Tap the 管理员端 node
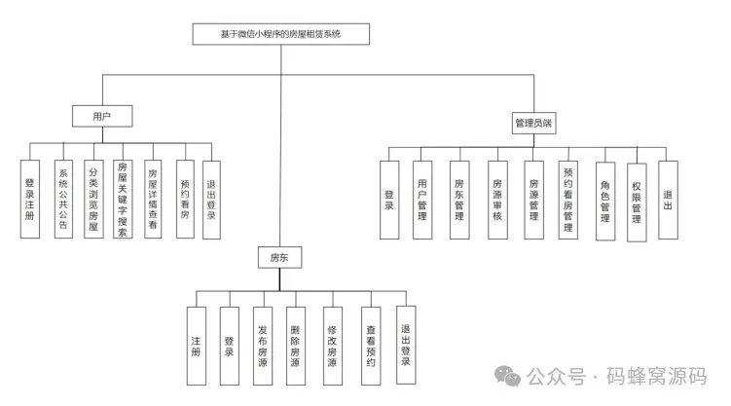tap(534, 125)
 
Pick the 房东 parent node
tap(279, 258)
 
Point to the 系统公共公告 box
tap(61, 196)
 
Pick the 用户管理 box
tap(422, 200)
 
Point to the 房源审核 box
tap(496, 200)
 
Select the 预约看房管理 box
tap(568, 200)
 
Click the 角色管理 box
tap(605, 200)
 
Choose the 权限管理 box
tap(636, 200)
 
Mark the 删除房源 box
tap(296, 343)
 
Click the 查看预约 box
tap(370, 343)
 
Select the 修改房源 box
tap(332, 343)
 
